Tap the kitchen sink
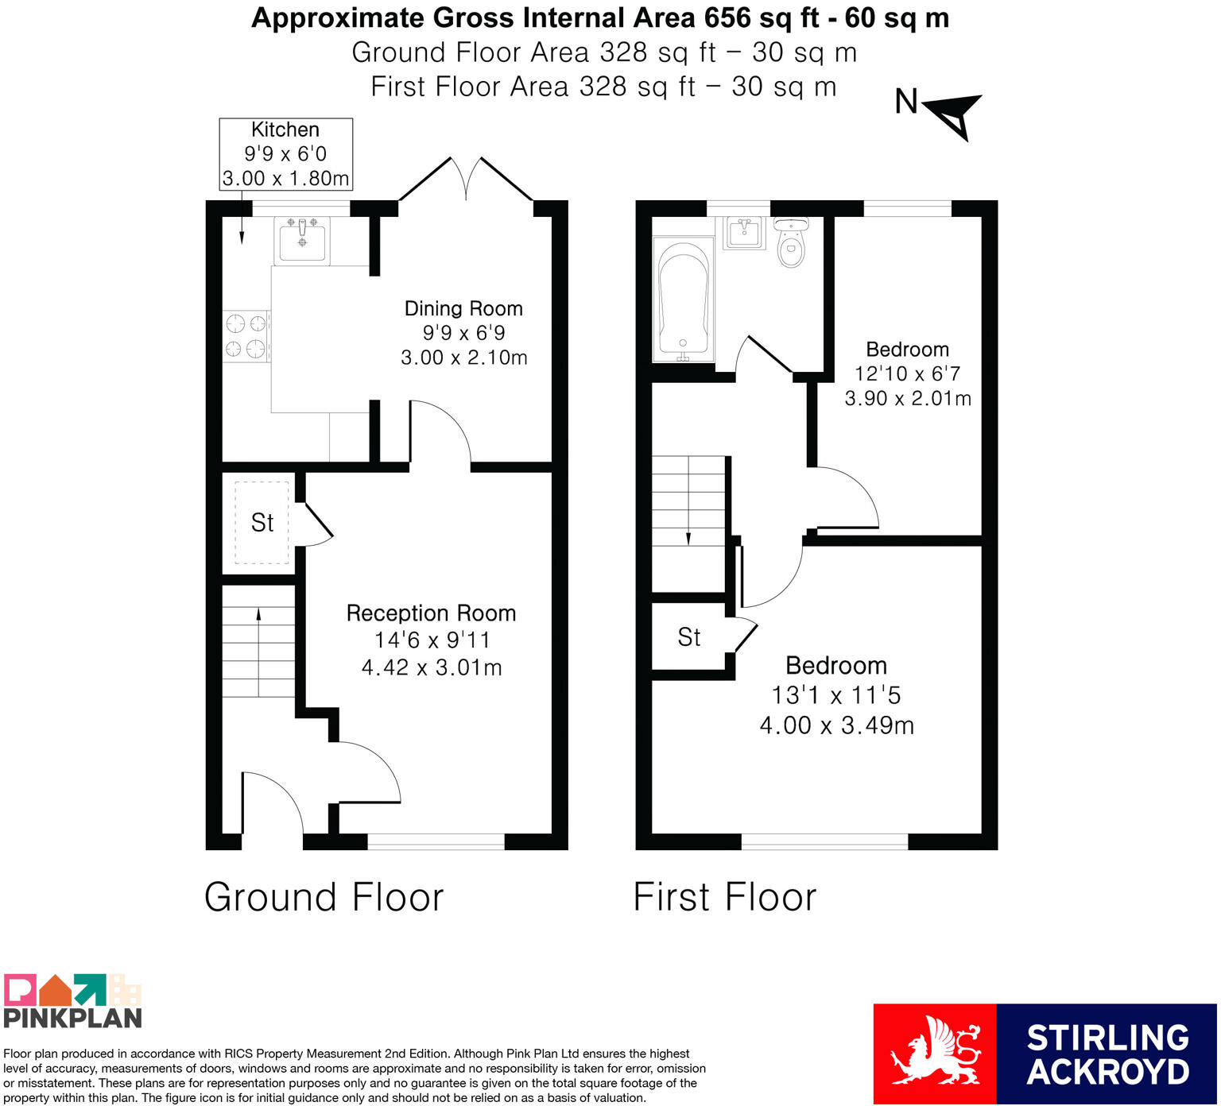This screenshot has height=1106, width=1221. click(x=302, y=240)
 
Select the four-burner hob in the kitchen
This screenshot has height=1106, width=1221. click(x=246, y=336)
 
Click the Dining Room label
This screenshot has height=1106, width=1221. click(x=463, y=308)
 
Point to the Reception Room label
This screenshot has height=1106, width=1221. click(x=431, y=613)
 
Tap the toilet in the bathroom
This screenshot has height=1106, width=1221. click(x=791, y=242)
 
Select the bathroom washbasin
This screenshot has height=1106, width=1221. click(x=744, y=232)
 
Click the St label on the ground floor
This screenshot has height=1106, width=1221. click(x=262, y=523)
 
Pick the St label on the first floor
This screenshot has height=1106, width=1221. click(x=689, y=637)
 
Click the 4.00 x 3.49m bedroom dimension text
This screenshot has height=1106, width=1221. click(x=837, y=725)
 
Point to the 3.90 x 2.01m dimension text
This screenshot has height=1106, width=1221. click(x=908, y=398)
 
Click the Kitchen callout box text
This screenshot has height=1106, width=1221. click(x=285, y=154)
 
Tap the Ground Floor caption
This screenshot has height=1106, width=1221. click(x=324, y=897)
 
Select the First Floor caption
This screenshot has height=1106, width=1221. click(x=725, y=897)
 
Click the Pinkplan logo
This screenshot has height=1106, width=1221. click(x=72, y=1001)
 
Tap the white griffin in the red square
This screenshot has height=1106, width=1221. click(x=934, y=1054)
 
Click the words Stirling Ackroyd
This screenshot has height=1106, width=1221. click(x=1108, y=1054)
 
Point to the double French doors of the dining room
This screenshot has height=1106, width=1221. click(x=466, y=180)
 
